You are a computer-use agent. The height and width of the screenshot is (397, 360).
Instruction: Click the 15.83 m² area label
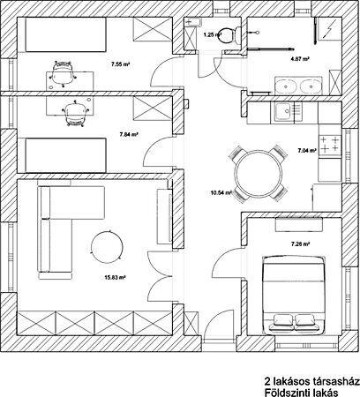point(116,277)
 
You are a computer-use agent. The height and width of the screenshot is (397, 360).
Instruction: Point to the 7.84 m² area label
point(129,135)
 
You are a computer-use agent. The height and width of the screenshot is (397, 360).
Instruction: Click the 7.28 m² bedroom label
point(301,243)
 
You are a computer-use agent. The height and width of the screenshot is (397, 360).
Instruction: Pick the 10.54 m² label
point(221,193)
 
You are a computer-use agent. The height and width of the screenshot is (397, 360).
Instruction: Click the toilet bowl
point(230,34)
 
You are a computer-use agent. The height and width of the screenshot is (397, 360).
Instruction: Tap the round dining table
point(258,173)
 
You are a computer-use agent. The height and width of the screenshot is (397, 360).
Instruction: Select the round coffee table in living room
point(107,247)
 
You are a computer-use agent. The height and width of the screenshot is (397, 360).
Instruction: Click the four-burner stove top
point(330,144)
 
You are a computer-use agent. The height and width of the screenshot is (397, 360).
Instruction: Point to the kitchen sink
point(283,112)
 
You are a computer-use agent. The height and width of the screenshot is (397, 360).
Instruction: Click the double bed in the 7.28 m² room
point(294,296)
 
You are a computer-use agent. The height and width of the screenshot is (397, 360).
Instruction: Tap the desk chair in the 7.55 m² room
point(63,73)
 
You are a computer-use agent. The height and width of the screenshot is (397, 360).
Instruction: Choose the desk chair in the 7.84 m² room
point(75,113)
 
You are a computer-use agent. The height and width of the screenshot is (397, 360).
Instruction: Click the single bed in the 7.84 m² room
point(65,155)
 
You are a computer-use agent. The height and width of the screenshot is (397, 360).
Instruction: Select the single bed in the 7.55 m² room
point(65,34)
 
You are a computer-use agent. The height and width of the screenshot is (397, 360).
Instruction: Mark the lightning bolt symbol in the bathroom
point(328,29)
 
